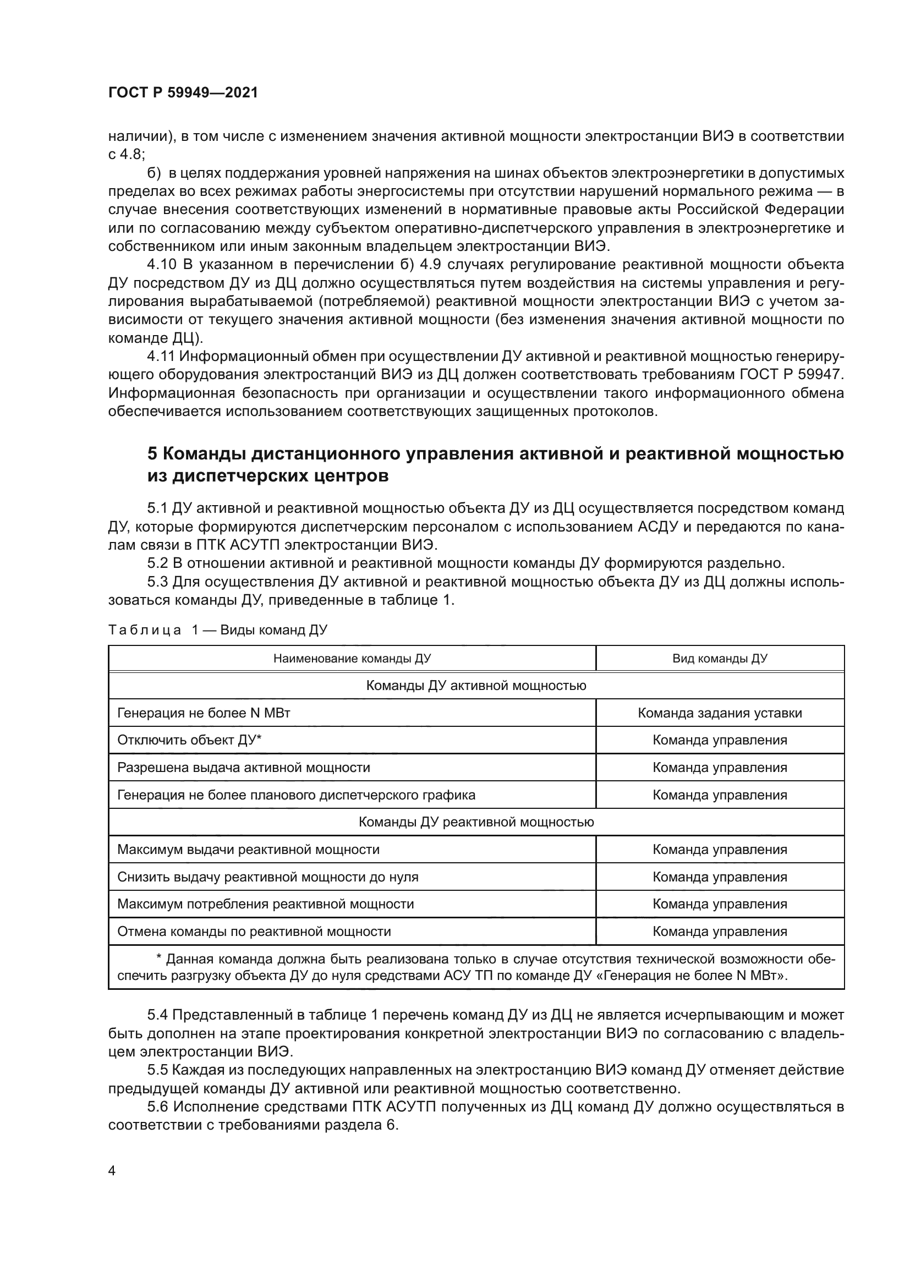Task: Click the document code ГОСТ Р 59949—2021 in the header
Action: tap(183, 92)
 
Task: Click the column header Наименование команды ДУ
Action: tap(352, 658)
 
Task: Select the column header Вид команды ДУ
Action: tap(720, 658)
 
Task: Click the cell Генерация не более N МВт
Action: tap(204, 713)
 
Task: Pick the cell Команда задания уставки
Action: tap(720, 713)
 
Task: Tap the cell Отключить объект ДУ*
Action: tap(189, 740)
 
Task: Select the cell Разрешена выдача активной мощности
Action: tap(244, 768)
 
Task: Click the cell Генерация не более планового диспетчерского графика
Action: tap(296, 795)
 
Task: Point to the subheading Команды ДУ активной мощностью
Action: tap(476, 686)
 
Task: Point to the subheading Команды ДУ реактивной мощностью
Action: tap(476, 822)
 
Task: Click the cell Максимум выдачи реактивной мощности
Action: tap(248, 849)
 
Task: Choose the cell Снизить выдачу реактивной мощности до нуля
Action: tap(268, 877)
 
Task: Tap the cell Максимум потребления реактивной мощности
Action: tap(266, 904)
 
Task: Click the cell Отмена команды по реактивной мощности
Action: tap(254, 932)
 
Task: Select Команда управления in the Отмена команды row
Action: tap(720, 932)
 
